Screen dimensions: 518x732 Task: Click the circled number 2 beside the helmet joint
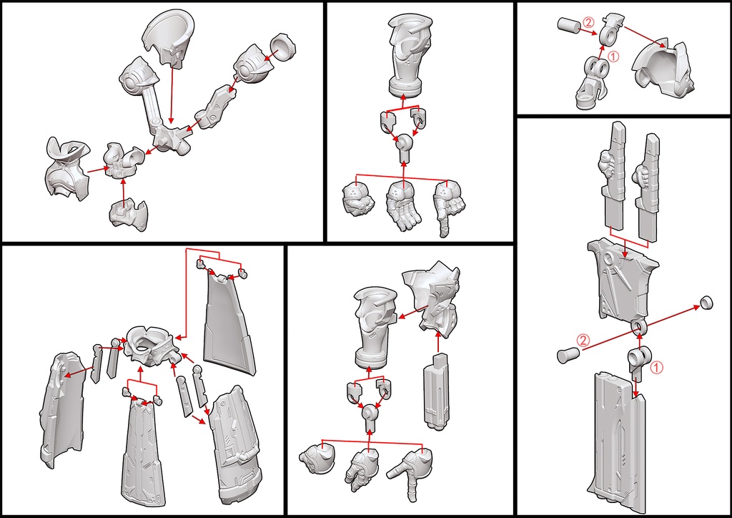[x=588, y=22]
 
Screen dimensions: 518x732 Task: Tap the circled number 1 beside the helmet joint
[x=614, y=54]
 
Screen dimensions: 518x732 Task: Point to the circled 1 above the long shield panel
[x=658, y=368]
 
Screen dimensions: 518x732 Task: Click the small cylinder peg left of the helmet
[x=568, y=26]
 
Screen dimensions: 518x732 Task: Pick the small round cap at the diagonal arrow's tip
[x=706, y=301]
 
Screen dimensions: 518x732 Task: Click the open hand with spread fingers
[x=403, y=205]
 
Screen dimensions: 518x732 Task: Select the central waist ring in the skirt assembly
[x=151, y=341]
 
